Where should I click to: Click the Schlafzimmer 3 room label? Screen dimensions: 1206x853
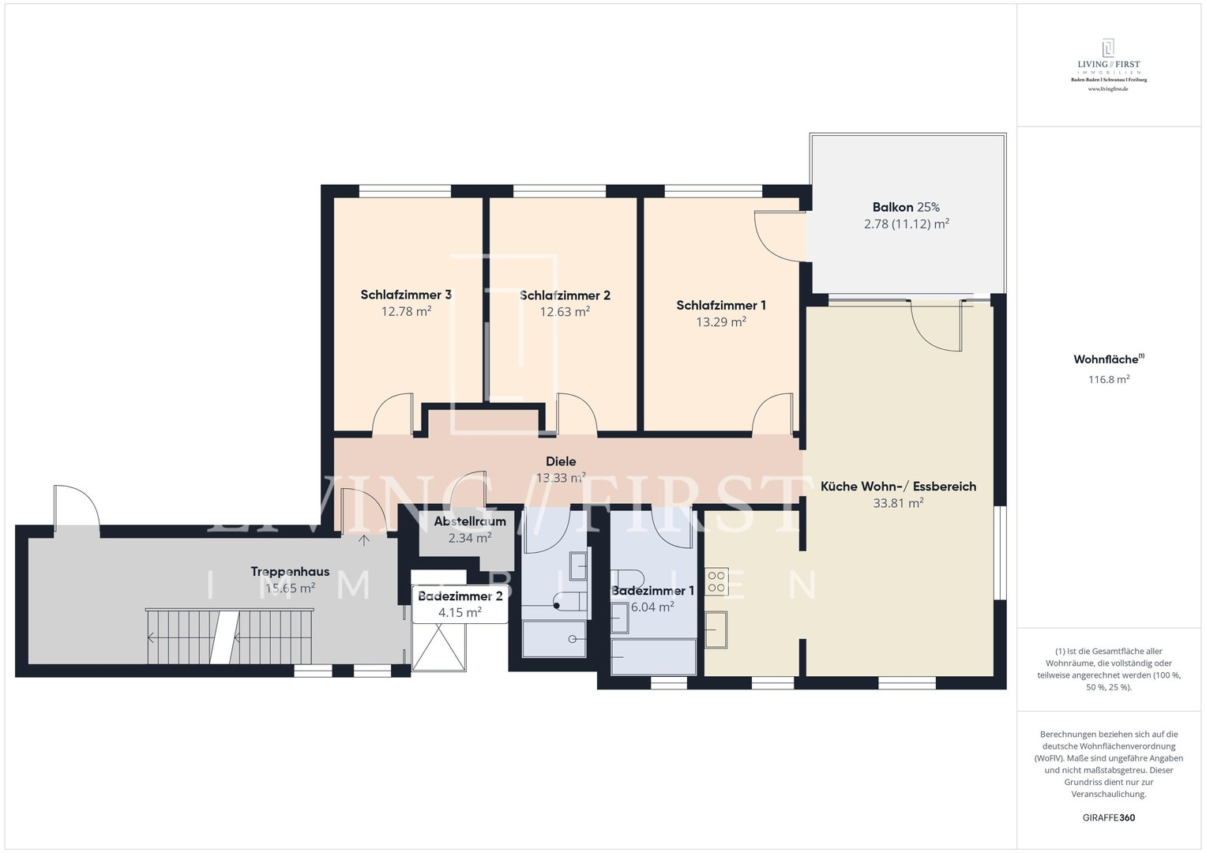[x=406, y=295]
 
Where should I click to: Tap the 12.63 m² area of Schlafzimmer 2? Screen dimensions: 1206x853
[x=565, y=312]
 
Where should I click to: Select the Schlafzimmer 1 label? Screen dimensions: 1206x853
[x=721, y=306]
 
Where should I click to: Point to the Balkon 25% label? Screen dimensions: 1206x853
[x=906, y=207]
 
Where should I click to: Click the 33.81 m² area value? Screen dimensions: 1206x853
[x=898, y=503]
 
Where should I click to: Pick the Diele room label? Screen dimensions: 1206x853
[x=561, y=461]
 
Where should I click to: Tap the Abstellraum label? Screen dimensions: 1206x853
[x=470, y=521]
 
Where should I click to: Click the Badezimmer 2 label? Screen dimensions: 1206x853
[x=460, y=596]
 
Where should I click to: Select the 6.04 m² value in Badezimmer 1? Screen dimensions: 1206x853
[x=652, y=607]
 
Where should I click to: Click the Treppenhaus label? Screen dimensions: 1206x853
[x=290, y=571]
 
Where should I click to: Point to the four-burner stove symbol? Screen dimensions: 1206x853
[x=716, y=581]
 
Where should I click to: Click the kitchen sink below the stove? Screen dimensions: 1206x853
[x=716, y=629]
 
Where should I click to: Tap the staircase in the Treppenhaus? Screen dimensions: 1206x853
[x=229, y=637]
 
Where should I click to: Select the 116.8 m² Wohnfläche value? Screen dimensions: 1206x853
[x=1109, y=380]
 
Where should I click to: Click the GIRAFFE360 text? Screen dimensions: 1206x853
[x=1109, y=817]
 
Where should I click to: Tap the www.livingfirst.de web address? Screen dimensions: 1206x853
[x=1108, y=88]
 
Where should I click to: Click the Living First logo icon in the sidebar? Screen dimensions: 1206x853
[x=1108, y=48]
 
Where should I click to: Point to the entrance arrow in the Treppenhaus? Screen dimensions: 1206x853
[x=365, y=541]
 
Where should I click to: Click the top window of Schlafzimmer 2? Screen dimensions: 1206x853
[x=560, y=191]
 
